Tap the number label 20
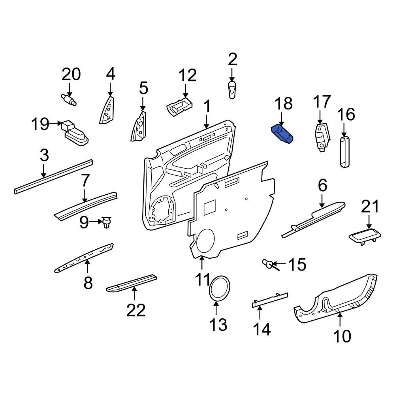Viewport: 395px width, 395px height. pyautogui.click(x=71, y=74)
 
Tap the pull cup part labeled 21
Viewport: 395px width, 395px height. pyautogui.click(x=365, y=236)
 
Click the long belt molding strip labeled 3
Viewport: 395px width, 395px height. pyautogui.click(x=53, y=176)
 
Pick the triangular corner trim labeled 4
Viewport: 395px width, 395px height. pyautogui.click(x=107, y=111)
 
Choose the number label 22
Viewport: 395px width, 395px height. pyautogui.click(x=136, y=310)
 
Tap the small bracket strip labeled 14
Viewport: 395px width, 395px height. pyautogui.click(x=270, y=300)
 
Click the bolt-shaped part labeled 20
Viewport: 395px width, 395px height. pyautogui.click(x=69, y=99)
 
